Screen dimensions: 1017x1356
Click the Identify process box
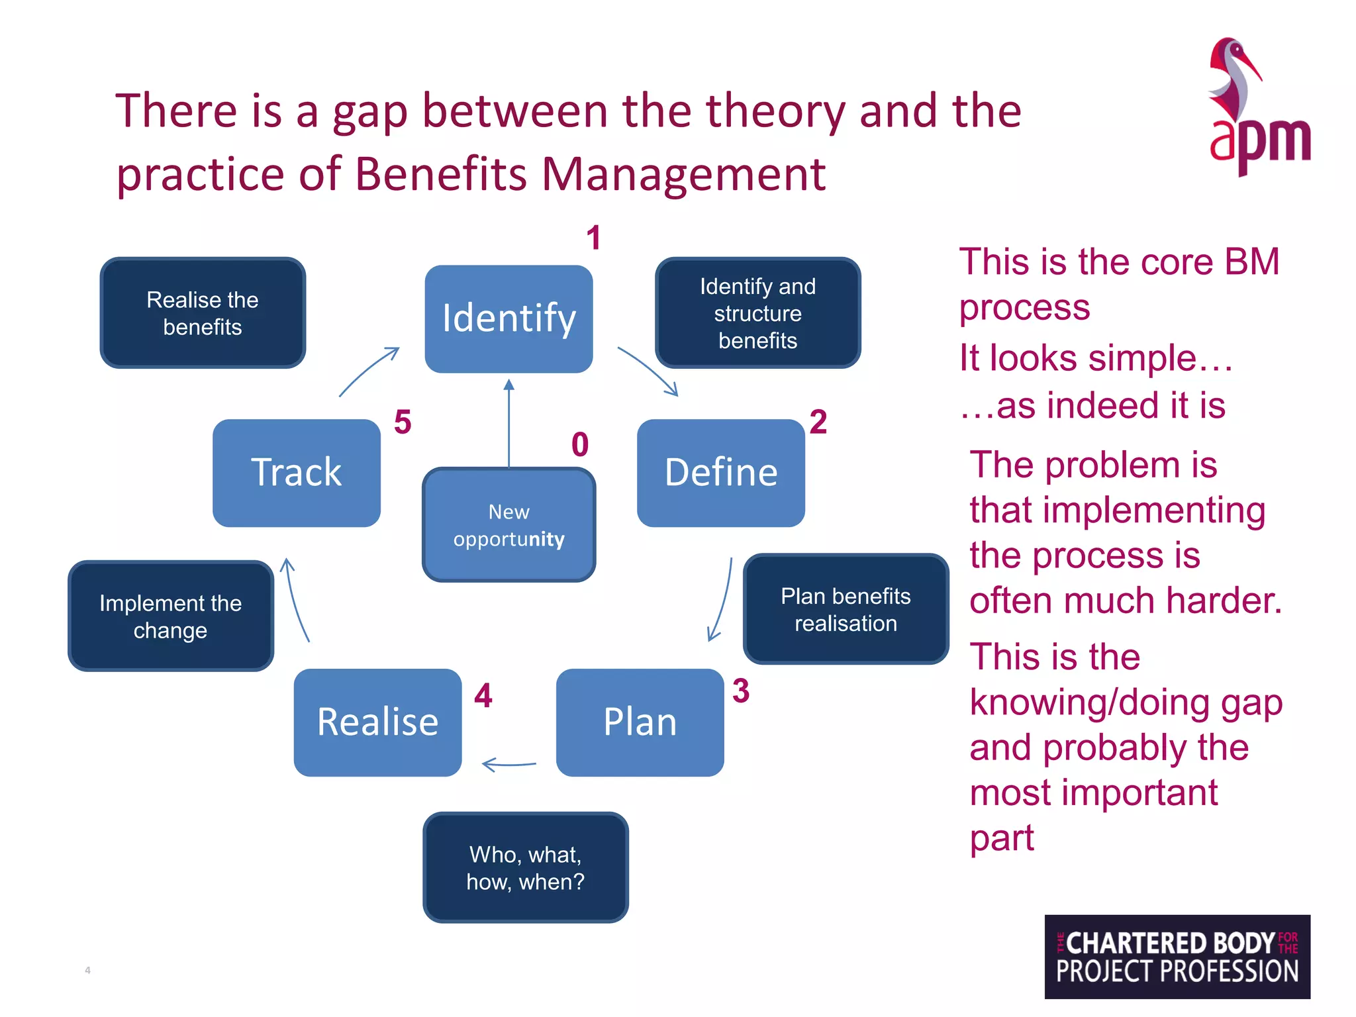click(x=508, y=318)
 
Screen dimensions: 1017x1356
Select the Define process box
click(x=720, y=473)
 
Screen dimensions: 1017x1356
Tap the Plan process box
click(x=640, y=722)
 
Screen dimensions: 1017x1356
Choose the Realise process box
click(x=377, y=722)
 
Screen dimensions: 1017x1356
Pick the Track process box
click(x=296, y=473)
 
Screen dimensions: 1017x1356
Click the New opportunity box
click(x=508, y=525)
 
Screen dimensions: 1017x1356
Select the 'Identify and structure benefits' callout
click(x=757, y=313)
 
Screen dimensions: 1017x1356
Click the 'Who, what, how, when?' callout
click(x=525, y=867)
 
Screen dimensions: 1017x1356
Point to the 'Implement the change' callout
click(x=170, y=616)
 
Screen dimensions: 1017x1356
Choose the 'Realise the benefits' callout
click(x=202, y=313)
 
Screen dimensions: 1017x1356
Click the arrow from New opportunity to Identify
click(x=508, y=424)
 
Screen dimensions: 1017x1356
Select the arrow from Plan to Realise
click(x=508, y=765)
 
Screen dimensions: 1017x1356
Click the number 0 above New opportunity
click(x=580, y=444)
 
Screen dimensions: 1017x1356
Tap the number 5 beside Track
click(x=403, y=422)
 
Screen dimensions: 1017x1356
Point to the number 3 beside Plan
click(x=741, y=691)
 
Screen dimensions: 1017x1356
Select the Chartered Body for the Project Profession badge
click(x=1177, y=956)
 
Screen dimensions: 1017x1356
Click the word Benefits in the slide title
click(x=442, y=174)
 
